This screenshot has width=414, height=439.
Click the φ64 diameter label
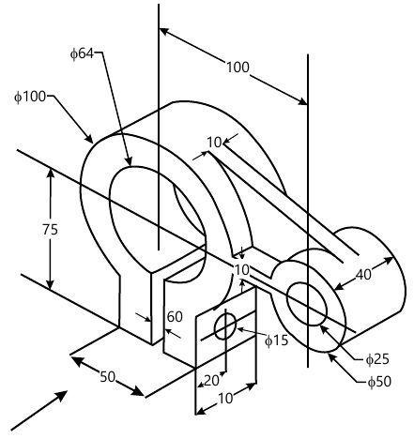click(82, 53)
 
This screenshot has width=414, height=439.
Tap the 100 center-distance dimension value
click(238, 67)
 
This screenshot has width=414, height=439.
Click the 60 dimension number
click(175, 317)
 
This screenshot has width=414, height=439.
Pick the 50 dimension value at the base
click(108, 376)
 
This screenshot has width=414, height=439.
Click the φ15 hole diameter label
click(276, 339)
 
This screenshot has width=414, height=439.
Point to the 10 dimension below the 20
click(226, 398)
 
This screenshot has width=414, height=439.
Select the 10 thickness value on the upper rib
click(214, 142)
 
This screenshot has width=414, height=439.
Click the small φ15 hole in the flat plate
click(225, 327)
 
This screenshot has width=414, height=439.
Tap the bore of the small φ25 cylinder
click(306, 302)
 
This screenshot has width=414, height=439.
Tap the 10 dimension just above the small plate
click(242, 269)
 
